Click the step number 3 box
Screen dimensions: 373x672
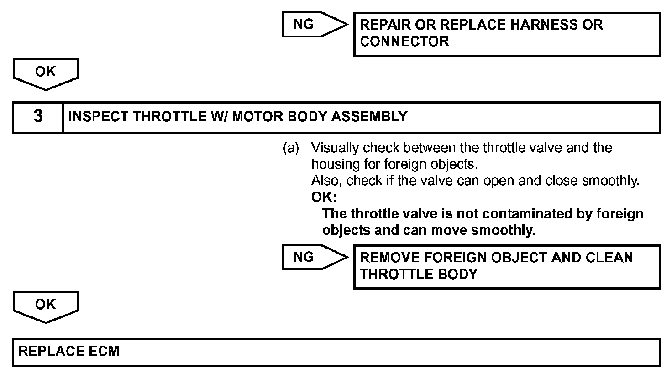[38, 117]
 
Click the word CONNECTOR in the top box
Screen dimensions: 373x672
[404, 41]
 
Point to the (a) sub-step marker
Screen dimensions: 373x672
[291, 148]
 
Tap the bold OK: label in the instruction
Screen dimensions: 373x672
[324, 197]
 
